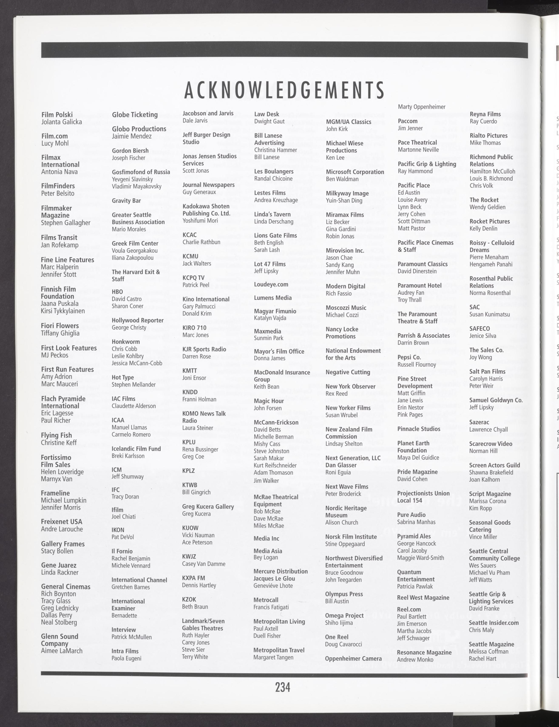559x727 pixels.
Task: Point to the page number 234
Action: tap(282, 687)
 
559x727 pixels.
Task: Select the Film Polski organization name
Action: tap(57, 115)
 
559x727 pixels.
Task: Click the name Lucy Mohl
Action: tap(55, 144)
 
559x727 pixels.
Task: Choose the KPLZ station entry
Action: tap(188, 471)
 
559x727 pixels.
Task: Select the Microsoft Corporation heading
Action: tap(355, 172)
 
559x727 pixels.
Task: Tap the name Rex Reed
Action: tap(336, 393)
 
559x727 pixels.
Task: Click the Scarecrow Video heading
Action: tap(491, 444)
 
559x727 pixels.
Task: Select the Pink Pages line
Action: tap(410, 415)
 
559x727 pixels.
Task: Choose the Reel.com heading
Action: tap(409, 609)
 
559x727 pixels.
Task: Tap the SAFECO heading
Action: tap(480, 329)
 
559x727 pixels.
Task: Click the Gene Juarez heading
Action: tap(59, 565)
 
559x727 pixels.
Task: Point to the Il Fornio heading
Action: tap(122, 551)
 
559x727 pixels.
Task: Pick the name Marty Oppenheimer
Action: tap(421, 107)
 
